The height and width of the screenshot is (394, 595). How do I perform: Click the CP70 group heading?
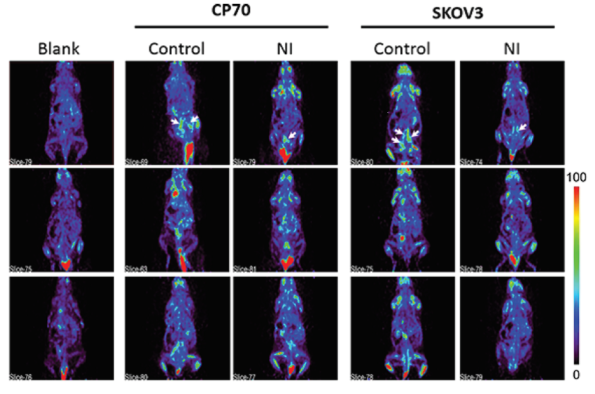(231, 11)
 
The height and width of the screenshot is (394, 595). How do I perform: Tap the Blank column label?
(61, 48)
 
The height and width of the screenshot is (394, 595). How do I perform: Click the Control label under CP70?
(176, 48)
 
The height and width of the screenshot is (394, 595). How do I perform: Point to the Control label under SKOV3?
(402, 48)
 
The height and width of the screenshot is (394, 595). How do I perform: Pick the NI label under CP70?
(283, 48)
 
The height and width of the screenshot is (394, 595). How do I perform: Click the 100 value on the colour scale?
(576, 175)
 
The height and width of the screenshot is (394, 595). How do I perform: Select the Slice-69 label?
(136, 162)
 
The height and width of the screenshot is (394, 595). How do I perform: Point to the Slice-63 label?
(136, 269)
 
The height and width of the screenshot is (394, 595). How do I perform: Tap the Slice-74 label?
(472, 162)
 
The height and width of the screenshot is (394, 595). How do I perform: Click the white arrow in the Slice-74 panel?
(522, 128)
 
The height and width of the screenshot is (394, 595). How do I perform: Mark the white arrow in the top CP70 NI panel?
(291, 135)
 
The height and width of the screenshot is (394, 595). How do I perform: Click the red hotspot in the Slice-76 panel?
(63, 374)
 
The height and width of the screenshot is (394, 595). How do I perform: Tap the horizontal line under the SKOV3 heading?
(456, 27)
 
